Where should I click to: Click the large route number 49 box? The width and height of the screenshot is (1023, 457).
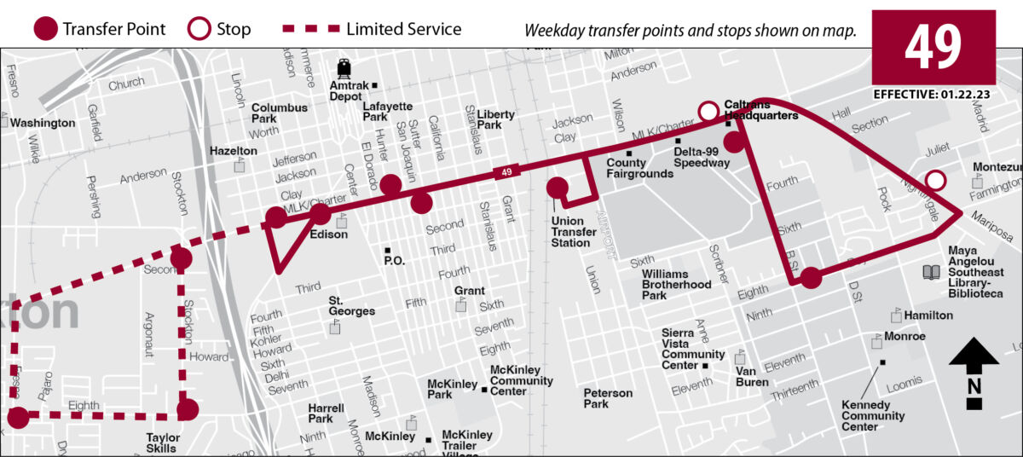coord(933,47)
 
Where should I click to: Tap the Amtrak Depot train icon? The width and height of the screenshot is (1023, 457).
coord(344,68)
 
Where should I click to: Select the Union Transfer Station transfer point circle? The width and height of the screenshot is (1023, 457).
coord(558,188)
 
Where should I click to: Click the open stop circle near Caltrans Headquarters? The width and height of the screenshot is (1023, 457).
coord(708,111)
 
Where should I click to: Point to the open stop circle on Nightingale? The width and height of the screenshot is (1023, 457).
coord(935,180)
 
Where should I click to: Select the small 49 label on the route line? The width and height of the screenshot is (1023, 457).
coord(506,173)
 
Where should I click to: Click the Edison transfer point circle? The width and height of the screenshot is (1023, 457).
coord(321,215)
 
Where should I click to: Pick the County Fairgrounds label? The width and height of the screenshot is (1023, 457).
coord(639,168)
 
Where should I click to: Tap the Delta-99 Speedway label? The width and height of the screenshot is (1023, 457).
coord(702,157)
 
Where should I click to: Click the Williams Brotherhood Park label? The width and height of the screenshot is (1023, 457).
coord(677,284)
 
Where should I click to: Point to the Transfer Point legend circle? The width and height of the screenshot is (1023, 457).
coord(45,30)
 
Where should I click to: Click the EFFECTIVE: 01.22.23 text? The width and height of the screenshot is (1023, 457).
coord(932,95)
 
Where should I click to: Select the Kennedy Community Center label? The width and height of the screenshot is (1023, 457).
coord(872,416)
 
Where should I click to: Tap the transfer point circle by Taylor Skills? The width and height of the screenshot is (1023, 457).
coord(188,410)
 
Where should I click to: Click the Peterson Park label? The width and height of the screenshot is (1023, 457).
coord(608,398)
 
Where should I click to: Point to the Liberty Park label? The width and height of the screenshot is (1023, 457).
coord(495,119)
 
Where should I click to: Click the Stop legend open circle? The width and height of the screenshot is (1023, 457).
coord(199,30)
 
